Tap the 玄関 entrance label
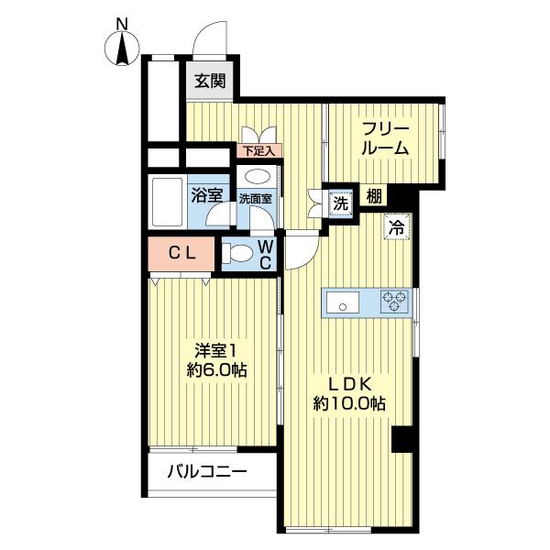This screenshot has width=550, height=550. point(210,81)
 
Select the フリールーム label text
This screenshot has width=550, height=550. point(384,137)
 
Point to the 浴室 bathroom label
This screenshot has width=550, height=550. point(206,193)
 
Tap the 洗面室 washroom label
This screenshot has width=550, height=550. point(255,198)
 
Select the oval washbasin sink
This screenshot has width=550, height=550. point(258,176)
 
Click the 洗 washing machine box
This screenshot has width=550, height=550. point(339,203)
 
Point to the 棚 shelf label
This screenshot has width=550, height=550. point(374,195)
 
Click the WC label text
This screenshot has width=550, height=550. point(263,254)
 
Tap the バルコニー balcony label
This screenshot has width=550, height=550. point(206,473)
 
